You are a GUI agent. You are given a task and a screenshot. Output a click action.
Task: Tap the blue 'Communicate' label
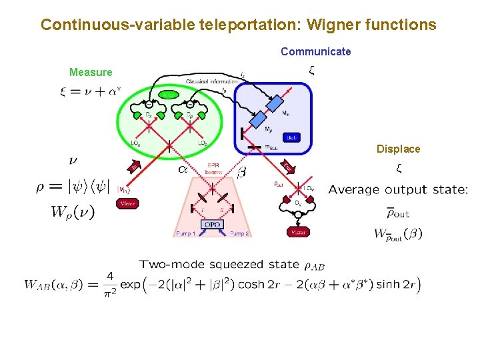click(x=315, y=51)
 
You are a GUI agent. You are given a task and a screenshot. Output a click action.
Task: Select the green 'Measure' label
click(x=91, y=72)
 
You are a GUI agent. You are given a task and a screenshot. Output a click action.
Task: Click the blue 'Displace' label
click(x=398, y=149)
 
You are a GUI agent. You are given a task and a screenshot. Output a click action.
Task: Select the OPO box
click(x=212, y=225)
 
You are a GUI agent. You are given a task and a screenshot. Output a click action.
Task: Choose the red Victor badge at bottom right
click(x=297, y=232)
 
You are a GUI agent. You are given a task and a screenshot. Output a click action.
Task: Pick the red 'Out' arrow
click(x=287, y=165)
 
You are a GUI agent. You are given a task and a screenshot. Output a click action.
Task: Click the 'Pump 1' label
click(x=185, y=234)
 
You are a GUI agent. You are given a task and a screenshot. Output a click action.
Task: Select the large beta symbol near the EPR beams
click(x=241, y=173)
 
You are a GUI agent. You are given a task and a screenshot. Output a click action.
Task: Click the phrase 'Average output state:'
click(x=398, y=189)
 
